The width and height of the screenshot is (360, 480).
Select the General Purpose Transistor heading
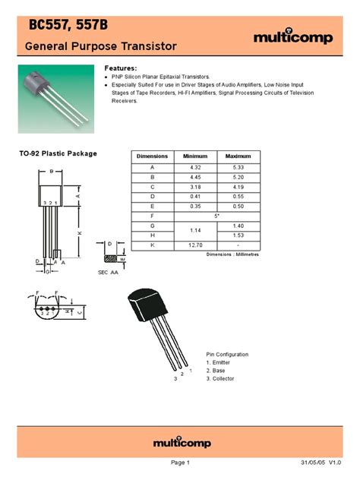101,47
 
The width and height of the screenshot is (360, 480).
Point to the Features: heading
120,68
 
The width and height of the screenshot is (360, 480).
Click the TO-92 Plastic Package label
58,153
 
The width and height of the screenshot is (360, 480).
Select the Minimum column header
195,156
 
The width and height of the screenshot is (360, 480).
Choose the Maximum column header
238,156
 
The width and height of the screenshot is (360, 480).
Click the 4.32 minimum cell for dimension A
195,166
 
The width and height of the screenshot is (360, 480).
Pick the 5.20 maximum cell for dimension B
238,176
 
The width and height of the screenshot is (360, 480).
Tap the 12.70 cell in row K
195,245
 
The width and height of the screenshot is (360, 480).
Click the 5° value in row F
217,216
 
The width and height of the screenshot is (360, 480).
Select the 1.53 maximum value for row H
238,235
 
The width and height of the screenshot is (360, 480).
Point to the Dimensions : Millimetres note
232,254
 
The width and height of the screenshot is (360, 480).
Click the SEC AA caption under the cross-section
109,271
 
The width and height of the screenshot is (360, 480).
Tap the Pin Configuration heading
227,354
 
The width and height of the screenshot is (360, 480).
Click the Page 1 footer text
180,463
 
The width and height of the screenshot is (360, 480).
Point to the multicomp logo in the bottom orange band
179,442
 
